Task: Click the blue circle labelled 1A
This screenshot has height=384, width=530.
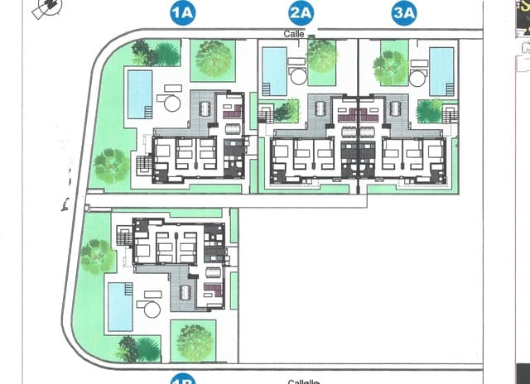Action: [182, 12]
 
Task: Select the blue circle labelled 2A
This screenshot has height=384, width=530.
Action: [301, 12]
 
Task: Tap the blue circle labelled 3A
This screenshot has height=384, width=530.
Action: [404, 12]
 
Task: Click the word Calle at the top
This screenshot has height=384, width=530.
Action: [291, 34]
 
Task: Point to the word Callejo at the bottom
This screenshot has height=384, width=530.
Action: [305, 381]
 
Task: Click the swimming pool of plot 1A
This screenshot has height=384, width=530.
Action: [139, 94]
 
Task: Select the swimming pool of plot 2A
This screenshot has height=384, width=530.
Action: [274, 70]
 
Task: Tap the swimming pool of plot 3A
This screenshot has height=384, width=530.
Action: [441, 70]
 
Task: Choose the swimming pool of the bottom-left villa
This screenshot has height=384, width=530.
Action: [120, 306]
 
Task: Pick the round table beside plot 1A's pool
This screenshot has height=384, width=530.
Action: [172, 103]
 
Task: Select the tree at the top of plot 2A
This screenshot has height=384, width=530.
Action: [321, 55]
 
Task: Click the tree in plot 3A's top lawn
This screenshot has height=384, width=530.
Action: [389, 66]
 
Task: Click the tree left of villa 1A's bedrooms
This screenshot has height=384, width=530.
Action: [110, 166]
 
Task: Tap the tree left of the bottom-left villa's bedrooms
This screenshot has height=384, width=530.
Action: [97, 257]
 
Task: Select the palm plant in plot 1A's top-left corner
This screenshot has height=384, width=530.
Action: [157, 54]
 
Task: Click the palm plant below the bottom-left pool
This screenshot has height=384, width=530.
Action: [139, 348]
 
